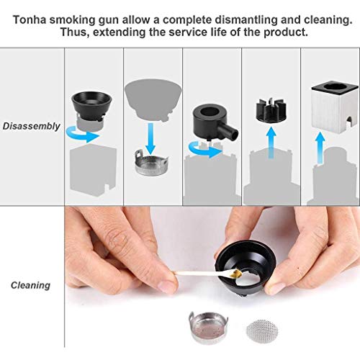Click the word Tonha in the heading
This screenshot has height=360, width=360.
click(30, 19)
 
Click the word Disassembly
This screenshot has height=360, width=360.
click(31, 127)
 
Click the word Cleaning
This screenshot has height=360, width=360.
click(30, 285)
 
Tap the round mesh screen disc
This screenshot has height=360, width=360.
click(262, 331)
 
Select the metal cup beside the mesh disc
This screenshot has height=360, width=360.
click(208, 326)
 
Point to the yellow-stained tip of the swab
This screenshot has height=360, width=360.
click(236, 273)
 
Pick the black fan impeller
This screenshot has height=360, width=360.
click(271, 109)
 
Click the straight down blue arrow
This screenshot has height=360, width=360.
click(150, 139)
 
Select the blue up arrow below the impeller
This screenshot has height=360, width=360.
click(271, 143)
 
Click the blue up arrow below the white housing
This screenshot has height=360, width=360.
click(320, 149)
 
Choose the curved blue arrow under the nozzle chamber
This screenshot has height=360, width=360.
click(206, 150)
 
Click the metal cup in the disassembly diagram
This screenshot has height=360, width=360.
click(151, 161)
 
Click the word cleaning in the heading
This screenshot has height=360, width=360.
click(328, 19)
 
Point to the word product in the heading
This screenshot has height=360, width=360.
click(286, 32)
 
